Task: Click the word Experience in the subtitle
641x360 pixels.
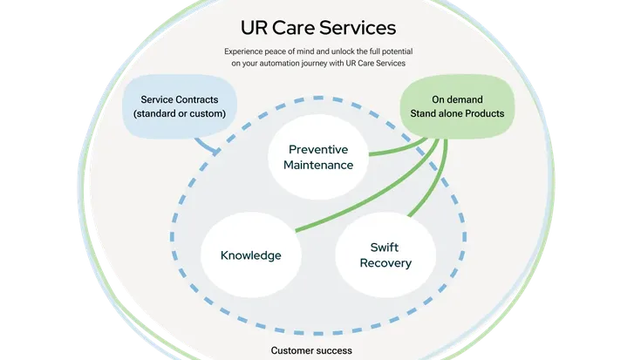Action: [x=246, y=51]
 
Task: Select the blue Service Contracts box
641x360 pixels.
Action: [x=180, y=105]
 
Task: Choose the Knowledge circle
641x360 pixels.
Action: [x=250, y=255]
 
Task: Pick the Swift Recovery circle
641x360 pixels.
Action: [x=385, y=255]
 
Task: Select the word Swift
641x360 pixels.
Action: [x=385, y=247]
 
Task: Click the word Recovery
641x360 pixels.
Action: [x=385, y=263]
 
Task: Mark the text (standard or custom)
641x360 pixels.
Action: [x=180, y=114]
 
